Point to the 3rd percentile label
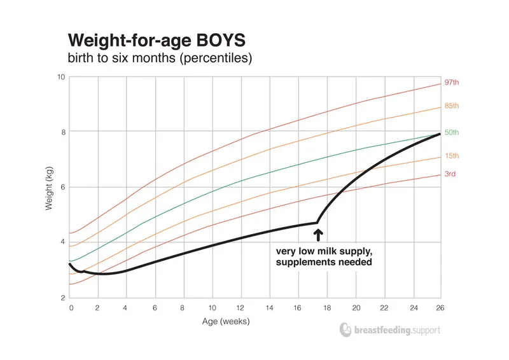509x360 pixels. point(450,174)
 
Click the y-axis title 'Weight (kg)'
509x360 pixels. point(50,188)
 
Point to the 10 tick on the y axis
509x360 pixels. point(61,77)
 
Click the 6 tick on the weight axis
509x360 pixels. point(63,187)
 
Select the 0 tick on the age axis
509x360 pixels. point(71,307)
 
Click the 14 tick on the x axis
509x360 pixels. point(269,307)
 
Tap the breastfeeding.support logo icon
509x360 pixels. point(345,330)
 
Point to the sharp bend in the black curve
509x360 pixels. point(317,222)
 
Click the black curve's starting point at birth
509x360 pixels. point(71,263)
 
